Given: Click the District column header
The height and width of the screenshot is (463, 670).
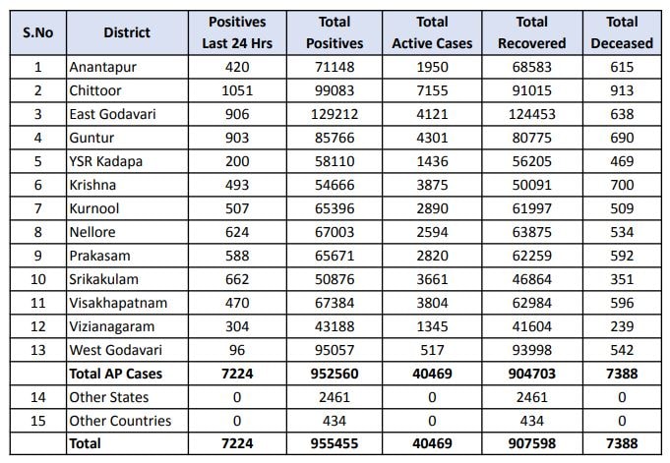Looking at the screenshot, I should tap(127, 32).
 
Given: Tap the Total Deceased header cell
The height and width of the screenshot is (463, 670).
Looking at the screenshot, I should tap(622, 32).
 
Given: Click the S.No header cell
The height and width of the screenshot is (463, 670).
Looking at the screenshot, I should tap(38, 32).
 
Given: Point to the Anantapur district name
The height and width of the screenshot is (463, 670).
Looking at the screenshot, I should tap(102, 67).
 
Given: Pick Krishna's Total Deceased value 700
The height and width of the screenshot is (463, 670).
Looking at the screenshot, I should tap(622, 185).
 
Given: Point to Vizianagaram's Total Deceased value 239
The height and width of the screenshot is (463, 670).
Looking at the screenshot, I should tap(622, 326).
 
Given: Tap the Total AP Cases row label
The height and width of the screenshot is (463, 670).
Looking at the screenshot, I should tap(116, 374).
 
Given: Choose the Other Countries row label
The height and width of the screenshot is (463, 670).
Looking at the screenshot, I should tap(119, 421).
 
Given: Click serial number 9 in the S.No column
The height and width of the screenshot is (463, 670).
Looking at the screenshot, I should tap(38, 256).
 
